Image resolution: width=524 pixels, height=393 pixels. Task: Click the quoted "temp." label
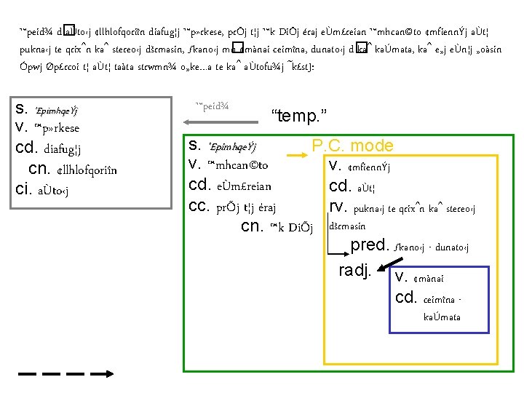[299, 114]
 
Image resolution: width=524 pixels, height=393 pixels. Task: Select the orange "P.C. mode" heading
[353, 146]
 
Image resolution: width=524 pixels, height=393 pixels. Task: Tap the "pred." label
[370, 245]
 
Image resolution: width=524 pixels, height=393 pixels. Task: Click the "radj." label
[356, 271]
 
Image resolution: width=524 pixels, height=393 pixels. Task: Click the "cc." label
[200, 206]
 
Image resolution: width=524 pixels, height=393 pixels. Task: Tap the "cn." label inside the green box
[252, 226]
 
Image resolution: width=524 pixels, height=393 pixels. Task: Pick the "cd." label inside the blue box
[405, 296]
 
